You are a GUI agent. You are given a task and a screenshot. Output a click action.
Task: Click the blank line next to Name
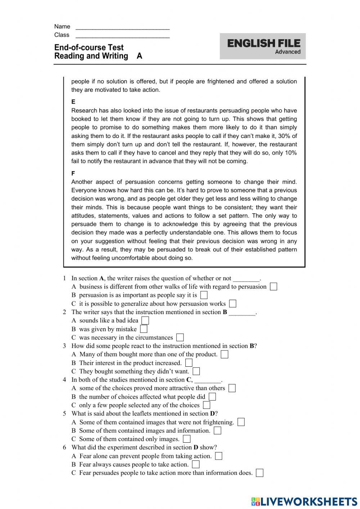[122, 27]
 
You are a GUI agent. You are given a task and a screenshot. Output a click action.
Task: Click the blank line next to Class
[122, 36]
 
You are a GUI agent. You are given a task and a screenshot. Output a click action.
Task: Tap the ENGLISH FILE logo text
[264, 44]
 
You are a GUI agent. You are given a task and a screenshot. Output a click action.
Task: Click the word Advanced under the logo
[288, 52]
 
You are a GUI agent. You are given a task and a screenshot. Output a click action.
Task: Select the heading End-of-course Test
[89, 48]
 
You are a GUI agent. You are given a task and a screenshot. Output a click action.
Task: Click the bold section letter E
[73, 102]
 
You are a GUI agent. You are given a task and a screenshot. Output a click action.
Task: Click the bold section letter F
[73, 173]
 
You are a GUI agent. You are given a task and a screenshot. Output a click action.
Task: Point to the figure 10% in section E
[291, 153]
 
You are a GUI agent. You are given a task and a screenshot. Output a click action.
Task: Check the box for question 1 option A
[274, 287]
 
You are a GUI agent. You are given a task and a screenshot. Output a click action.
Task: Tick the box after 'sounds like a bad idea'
[145, 321]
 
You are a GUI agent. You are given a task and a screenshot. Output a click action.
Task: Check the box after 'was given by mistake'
[144, 329]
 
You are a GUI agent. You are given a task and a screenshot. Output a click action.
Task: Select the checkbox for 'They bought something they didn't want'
[196, 371]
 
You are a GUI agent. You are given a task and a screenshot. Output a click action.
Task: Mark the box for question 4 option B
[212, 397]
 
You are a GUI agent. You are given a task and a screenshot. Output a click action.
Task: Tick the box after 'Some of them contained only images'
[186, 439]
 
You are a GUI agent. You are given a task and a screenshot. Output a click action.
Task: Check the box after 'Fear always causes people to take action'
[196, 464]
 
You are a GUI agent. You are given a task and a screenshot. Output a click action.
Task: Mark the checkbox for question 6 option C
[260, 473]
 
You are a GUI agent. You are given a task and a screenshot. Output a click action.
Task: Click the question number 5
[64, 414]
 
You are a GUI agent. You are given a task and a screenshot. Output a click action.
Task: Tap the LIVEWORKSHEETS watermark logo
[304, 501]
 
